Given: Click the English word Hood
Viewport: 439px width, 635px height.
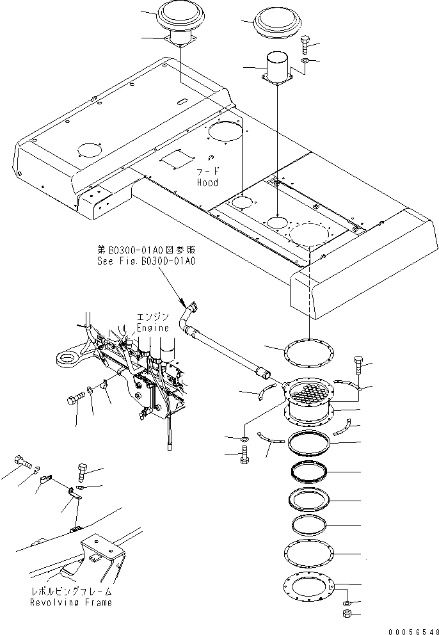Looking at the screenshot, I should click(207, 182).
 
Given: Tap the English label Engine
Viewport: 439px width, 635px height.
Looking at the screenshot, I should click(153, 327).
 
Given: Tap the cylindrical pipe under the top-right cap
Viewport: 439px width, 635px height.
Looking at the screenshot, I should click(277, 68).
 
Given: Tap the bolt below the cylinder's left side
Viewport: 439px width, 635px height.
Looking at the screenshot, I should click(243, 458).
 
